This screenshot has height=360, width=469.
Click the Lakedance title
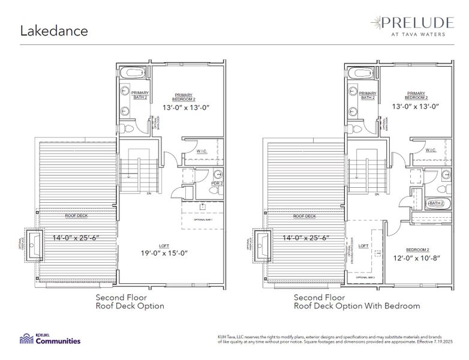coord(55,31)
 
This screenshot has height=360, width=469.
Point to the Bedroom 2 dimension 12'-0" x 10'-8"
coord(416,258)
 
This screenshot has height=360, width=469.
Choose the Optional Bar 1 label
coord(203,220)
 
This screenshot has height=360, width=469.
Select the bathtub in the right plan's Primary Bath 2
coord(359,73)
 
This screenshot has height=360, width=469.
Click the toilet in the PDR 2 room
coord(214,190)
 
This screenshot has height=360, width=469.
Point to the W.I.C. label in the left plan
coord(202,151)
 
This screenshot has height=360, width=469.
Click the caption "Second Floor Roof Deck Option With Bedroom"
coord(357,301)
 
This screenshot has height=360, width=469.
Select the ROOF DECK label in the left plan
coord(77,215)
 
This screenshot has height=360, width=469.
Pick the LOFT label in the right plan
coord(363,246)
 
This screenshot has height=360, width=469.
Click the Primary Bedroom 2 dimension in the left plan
coord(186,108)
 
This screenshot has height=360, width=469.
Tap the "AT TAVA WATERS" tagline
coord(415,34)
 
